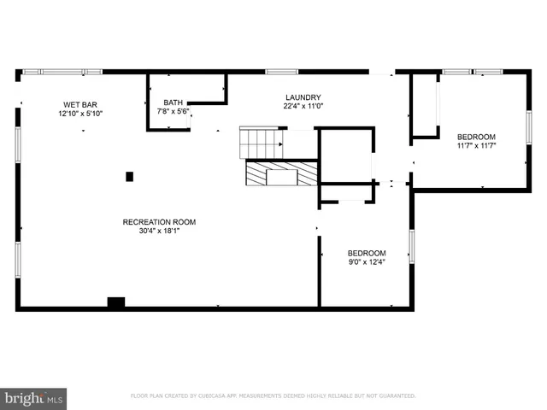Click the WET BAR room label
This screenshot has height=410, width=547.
(x=78, y=104)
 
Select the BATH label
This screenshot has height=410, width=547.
(x=173, y=102)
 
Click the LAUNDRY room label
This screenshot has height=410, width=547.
(x=303, y=97)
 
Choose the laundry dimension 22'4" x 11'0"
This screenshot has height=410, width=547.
(x=303, y=107)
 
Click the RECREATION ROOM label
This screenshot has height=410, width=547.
(x=154, y=221)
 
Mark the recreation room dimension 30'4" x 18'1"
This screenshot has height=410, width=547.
(x=154, y=231)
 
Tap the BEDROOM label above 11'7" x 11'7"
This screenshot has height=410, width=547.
(x=476, y=137)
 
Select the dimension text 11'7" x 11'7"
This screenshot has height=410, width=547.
(x=476, y=146)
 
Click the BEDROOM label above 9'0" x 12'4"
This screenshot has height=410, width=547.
(x=366, y=253)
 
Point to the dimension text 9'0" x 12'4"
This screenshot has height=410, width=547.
(x=366, y=262)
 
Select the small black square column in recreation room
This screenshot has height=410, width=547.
(x=130, y=177)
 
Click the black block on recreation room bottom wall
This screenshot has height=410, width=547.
(x=116, y=302)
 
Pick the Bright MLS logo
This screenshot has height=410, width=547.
(x=33, y=398)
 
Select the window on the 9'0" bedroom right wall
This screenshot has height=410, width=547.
(x=411, y=246)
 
